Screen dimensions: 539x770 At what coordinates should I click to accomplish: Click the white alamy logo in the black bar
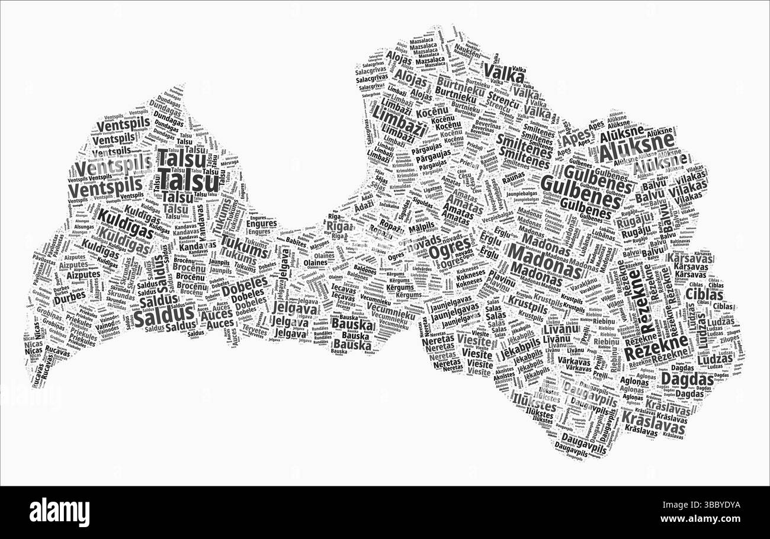click(x=59, y=512)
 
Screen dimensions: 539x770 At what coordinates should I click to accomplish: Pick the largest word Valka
click(x=500, y=72)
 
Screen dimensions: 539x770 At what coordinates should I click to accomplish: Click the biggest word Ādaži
click(x=364, y=208)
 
